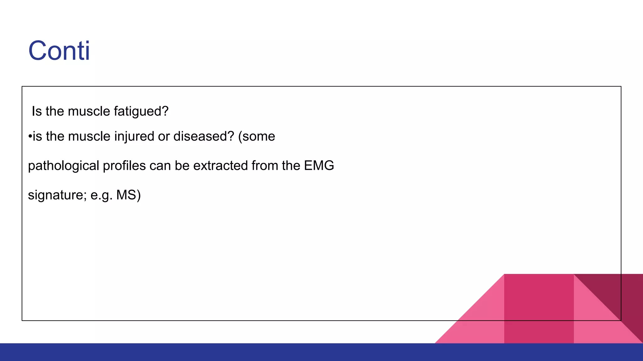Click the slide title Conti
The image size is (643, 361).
[x=59, y=51]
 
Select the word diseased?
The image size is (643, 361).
[x=204, y=136]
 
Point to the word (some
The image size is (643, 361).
[x=257, y=136]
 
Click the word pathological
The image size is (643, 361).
[x=63, y=166]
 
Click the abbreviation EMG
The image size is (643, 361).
[x=319, y=165]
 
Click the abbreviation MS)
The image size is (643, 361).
[x=128, y=195]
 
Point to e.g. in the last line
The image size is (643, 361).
[x=101, y=195]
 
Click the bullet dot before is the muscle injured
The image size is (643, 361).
[x=30, y=137]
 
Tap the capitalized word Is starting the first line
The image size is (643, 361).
[x=36, y=111]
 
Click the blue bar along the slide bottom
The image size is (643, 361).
[x=321, y=352]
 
